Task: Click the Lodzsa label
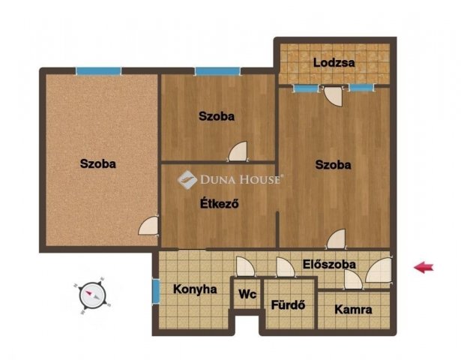334,63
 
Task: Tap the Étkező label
220,203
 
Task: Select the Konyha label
195,289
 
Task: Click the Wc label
247,294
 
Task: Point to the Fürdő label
288,304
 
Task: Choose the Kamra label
353,310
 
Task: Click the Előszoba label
329,264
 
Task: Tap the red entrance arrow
424,267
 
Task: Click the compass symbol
93,295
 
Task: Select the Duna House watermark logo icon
187,180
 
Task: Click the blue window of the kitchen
157,291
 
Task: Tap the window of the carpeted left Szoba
98,71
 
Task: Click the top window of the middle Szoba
217,71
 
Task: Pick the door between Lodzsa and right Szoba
333,96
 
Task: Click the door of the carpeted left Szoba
148,226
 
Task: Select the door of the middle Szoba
238,151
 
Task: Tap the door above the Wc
246,267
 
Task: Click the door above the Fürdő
285,267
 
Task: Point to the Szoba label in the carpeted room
98,163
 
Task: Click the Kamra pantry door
353,280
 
